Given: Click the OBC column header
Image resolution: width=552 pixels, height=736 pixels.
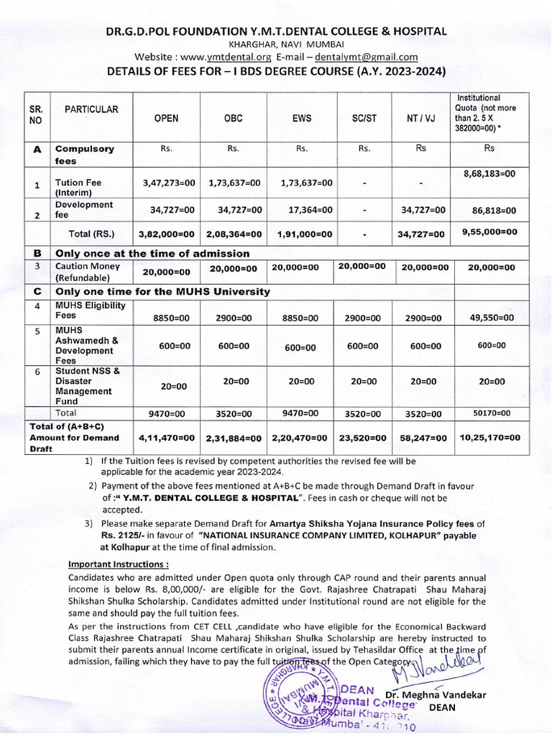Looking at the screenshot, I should (x=234, y=119).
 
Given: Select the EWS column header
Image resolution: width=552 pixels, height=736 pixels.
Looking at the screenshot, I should (x=302, y=119).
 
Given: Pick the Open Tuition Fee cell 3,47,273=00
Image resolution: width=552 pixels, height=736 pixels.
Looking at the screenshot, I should (x=169, y=183).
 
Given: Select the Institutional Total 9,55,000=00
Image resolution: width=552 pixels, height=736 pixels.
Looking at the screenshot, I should (x=489, y=231).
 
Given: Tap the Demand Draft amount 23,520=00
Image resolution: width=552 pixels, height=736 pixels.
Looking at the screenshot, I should (x=364, y=438).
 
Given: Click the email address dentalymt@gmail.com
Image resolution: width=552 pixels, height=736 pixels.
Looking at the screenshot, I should (x=367, y=57).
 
